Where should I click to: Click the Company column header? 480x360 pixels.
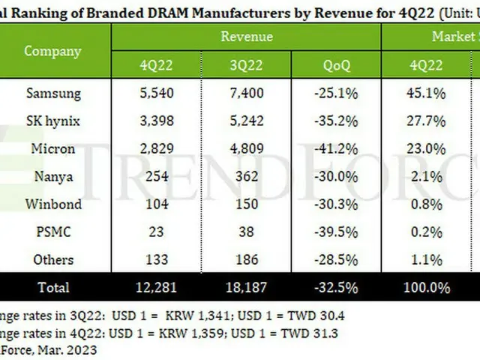52,51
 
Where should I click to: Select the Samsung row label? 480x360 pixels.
53,94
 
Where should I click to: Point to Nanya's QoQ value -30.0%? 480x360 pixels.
337,176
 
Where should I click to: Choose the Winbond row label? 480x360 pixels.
53,204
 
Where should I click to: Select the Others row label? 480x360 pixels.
53,259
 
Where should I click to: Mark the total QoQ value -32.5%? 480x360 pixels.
337,287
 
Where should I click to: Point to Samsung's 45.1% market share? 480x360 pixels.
426,94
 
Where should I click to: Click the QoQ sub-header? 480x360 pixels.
337,64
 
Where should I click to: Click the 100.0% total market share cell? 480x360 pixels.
426,287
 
